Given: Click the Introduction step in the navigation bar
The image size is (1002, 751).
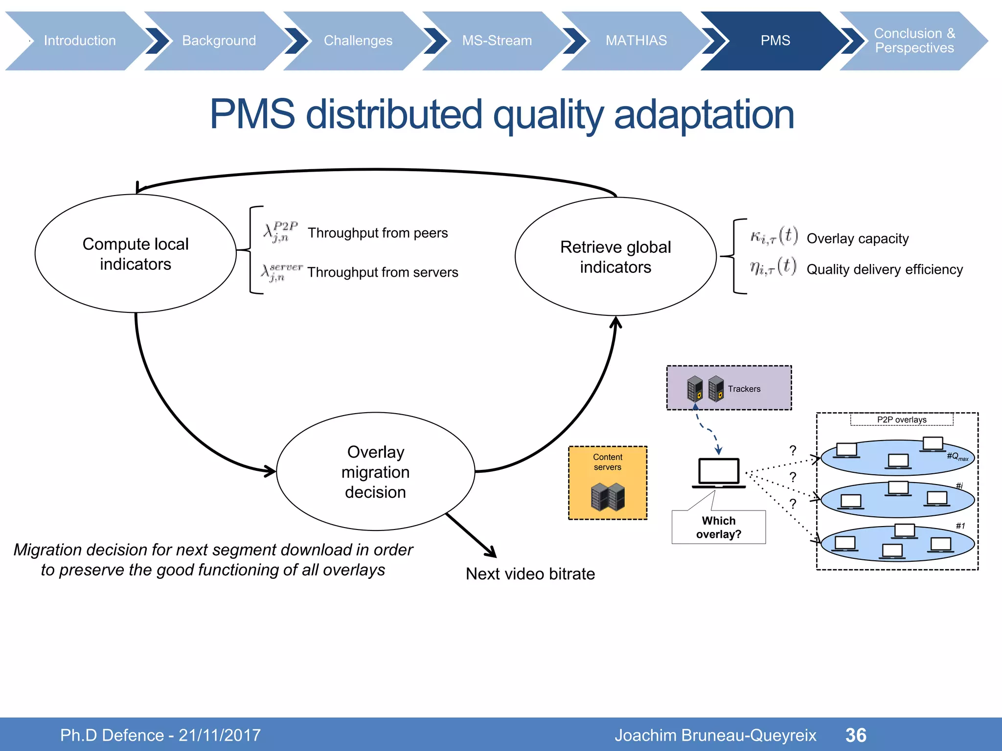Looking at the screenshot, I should tap(80, 41).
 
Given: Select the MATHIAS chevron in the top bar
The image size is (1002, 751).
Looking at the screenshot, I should tap(636, 41).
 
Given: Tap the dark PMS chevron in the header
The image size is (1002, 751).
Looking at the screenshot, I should tap(775, 41).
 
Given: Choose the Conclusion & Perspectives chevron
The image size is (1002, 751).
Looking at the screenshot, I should tap(914, 41).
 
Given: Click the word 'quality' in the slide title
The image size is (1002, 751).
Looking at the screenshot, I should tap(548, 115).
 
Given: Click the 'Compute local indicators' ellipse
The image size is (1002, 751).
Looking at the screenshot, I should tap(136, 254).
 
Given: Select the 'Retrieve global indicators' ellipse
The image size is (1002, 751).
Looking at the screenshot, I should tap(615, 257).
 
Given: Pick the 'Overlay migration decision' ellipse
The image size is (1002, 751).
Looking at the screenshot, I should tap(375, 472).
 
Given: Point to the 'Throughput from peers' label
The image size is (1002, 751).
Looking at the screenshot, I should tap(378, 233).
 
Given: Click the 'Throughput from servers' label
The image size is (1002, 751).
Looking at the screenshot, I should tap(383, 272).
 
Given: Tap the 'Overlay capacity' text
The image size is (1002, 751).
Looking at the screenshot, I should tap(858, 239).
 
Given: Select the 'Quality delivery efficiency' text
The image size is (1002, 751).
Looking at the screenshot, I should tap(885, 269).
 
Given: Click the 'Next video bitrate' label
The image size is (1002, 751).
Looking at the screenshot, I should tap(530, 574).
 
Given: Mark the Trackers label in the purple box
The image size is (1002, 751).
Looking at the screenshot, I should tap(744, 389).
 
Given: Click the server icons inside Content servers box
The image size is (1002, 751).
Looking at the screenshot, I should tap(608, 496).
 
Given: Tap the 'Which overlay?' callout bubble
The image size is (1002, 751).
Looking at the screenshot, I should tap(719, 527).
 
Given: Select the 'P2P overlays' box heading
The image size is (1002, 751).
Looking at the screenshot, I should tap(902, 420).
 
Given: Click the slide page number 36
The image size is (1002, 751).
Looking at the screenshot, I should tap(856, 735).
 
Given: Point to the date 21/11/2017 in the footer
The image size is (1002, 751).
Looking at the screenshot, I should tap(220, 735).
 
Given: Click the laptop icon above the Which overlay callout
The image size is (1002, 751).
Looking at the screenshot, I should tap(719, 473).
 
